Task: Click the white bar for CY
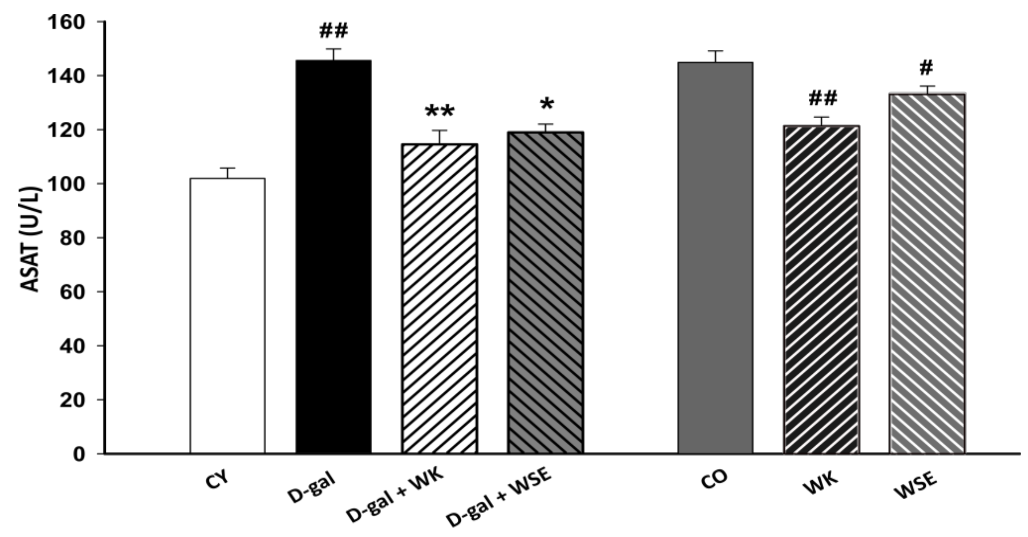[x=228, y=315]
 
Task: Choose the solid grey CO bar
[x=716, y=257]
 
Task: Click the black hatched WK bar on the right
[x=821, y=289]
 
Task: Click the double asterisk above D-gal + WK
[x=439, y=112]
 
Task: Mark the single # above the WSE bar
[x=926, y=68]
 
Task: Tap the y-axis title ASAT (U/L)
[x=31, y=240]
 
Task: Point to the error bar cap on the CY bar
[x=228, y=168]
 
